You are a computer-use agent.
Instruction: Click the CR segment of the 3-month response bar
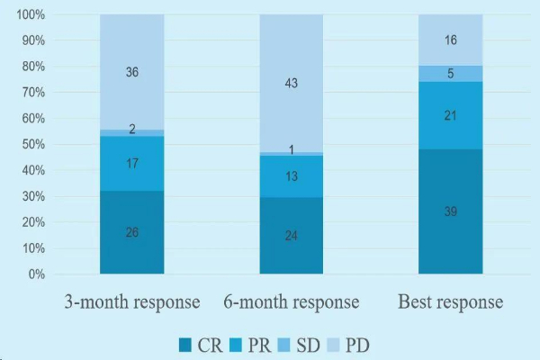pos(131,232)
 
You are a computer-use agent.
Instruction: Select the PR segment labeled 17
pos(131,164)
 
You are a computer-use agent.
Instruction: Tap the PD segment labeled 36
pos(131,72)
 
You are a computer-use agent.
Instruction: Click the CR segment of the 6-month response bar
pos(291,236)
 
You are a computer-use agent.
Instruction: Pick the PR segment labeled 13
pos(291,176)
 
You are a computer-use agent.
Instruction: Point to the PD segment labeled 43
pos(291,83)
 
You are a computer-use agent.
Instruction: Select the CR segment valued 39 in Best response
pos(450,211)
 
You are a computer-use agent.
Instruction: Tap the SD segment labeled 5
pos(450,73)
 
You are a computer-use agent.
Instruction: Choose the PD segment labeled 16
pos(450,40)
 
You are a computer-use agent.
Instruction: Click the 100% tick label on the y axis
pos(31,15)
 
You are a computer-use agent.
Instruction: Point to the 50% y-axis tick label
pos(33,145)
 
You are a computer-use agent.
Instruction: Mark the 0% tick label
pos(37,274)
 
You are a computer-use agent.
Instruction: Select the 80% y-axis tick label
pos(33,67)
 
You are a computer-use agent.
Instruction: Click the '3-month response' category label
pos(131,301)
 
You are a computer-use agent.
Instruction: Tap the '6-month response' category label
pos(291,301)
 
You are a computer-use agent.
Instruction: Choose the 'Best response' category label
pos(450,301)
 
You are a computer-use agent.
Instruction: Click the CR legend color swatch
pos(186,344)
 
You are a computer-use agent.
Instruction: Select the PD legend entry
pos(346,344)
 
